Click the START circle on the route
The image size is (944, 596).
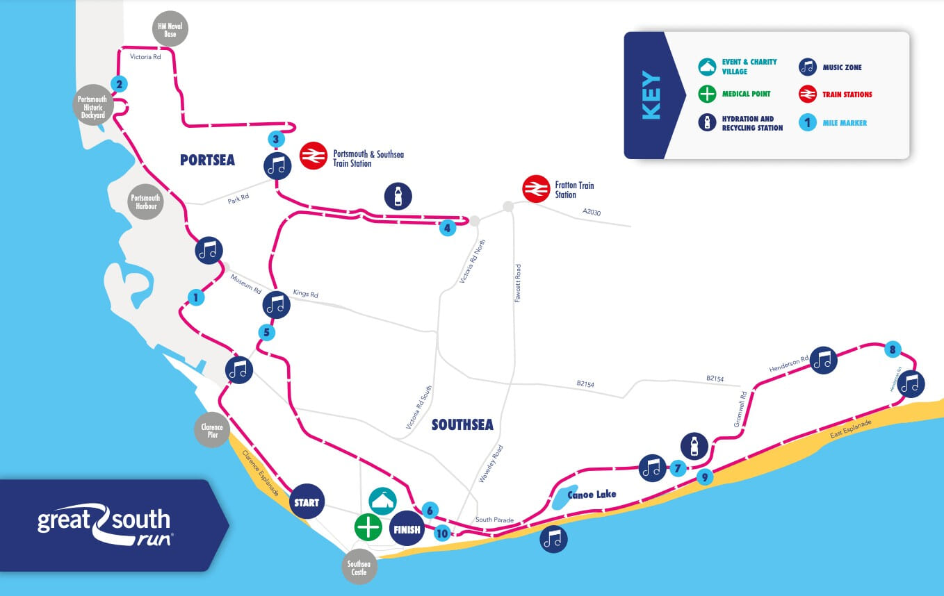pyautogui.click(x=307, y=502)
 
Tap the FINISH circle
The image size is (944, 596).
pyautogui.click(x=407, y=529)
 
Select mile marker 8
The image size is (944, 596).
pyautogui.click(x=893, y=349)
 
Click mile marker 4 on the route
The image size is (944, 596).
pyautogui.click(x=448, y=227)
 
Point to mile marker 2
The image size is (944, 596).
pyautogui.click(x=120, y=85)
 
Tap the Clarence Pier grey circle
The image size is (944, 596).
pyautogui.click(x=212, y=431)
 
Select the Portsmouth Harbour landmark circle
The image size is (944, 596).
pyautogui.click(x=145, y=202)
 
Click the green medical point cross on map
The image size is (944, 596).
pyautogui.click(x=368, y=527)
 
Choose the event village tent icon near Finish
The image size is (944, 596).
pyautogui.click(x=382, y=499)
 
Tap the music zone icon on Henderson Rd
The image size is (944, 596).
pyautogui.click(x=822, y=361)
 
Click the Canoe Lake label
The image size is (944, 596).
pyautogui.click(x=592, y=495)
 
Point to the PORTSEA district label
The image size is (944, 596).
pyautogui.click(x=207, y=160)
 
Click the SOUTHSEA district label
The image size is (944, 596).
pyautogui.click(x=462, y=424)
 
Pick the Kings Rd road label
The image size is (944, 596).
pyautogui.click(x=305, y=294)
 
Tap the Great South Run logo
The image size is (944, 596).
pyautogui.click(x=104, y=524)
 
